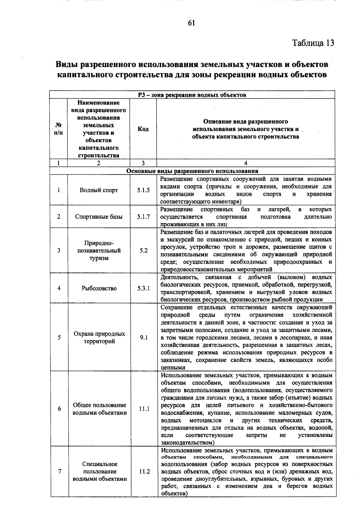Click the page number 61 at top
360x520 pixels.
point(191,23)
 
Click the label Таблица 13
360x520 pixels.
point(313,43)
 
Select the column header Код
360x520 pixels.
point(143,129)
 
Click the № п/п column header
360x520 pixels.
point(59,129)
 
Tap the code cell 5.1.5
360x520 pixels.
point(143,190)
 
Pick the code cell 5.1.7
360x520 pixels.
point(143,217)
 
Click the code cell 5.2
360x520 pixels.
point(143,250)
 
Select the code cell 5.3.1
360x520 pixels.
point(143,288)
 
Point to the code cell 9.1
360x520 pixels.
point(144,337)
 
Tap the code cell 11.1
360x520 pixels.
point(144,409)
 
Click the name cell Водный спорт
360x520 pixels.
point(99,190)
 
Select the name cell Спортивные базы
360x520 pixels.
point(99,217)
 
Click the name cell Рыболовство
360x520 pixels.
point(99,288)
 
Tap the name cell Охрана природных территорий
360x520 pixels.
point(99,337)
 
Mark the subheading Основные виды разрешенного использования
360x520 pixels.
point(192,171)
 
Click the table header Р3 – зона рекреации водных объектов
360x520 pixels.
point(192,95)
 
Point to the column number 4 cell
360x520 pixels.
point(245,163)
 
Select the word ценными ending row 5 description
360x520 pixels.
point(173,368)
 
